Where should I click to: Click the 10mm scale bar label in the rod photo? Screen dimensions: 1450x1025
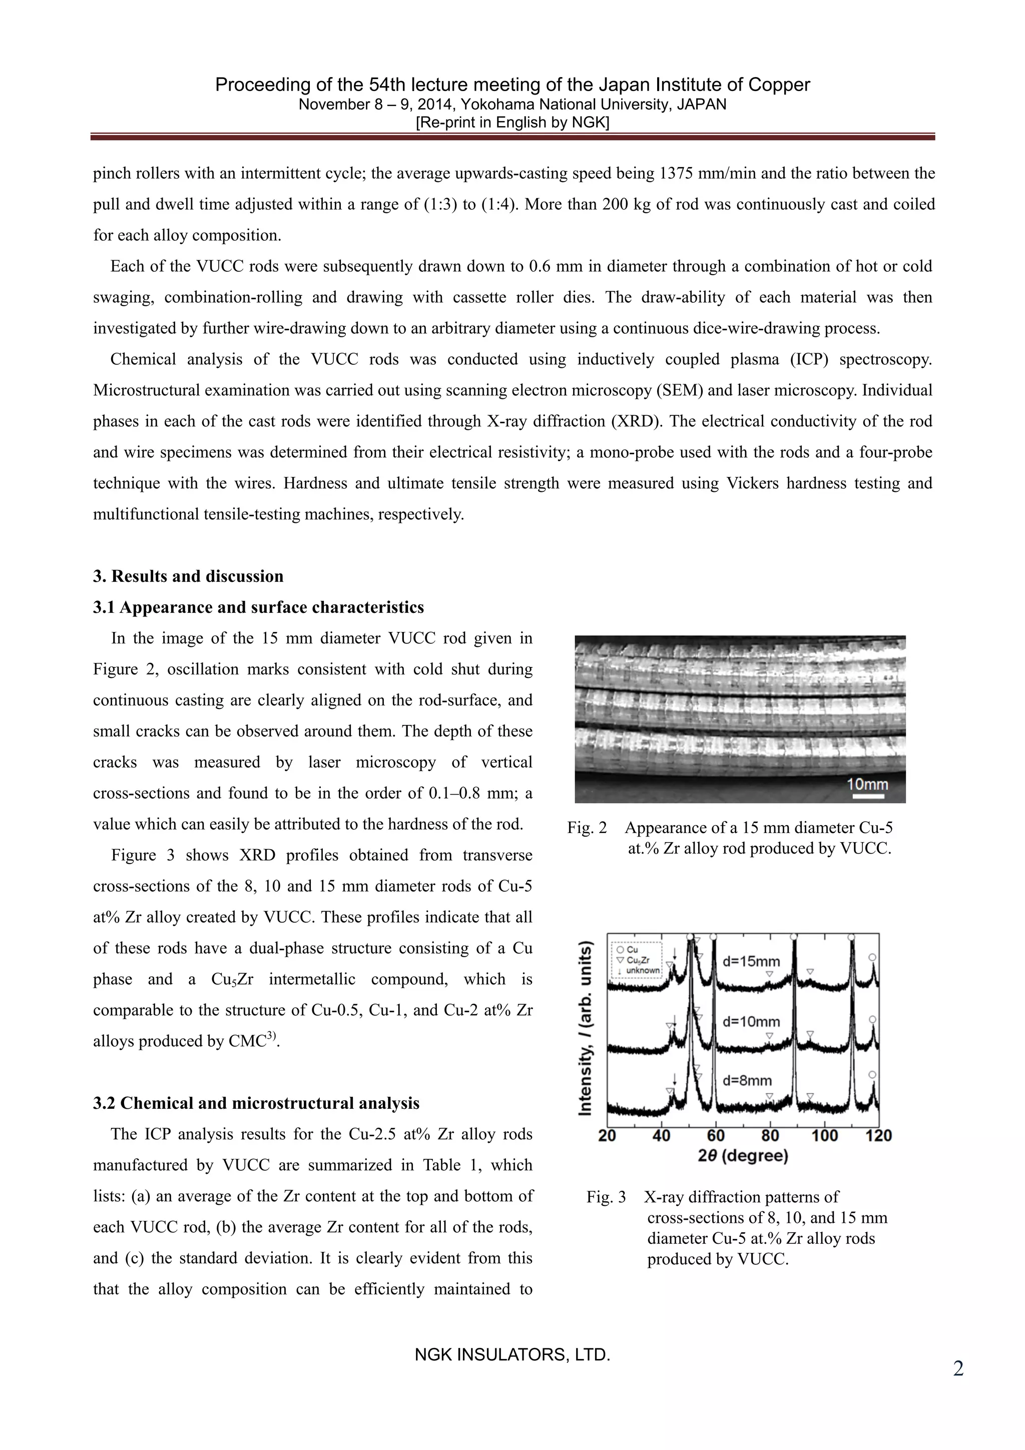(867, 785)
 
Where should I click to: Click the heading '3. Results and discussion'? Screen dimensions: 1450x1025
(188, 576)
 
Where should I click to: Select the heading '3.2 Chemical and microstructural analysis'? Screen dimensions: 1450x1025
(256, 1103)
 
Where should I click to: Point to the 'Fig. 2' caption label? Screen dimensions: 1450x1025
(587, 828)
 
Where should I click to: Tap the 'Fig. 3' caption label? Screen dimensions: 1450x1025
(606, 1197)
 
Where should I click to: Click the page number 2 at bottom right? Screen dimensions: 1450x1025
(958, 1369)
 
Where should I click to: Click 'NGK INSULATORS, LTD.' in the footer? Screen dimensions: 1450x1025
(512, 1354)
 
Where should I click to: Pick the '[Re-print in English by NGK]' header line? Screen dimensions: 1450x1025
(512, 123)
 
